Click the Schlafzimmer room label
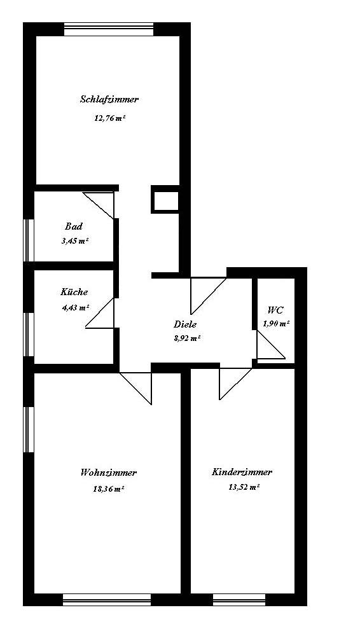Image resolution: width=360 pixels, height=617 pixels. pyautogui.click(x=109, y=99)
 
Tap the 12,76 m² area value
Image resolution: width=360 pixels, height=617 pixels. pyautogui.click(x=110, y=118)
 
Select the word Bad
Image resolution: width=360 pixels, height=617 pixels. pyautogui.click(x=74, y=226)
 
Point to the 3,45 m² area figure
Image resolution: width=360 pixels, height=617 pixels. pyautogui.click(x=74, y=241)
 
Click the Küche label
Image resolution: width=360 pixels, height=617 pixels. pyautogui.click(x=74, y=292)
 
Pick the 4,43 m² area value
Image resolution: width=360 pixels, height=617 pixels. pyautogui.click(x=75, y=308)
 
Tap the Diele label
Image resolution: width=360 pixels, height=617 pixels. pyautogui.click(x=185, y=324)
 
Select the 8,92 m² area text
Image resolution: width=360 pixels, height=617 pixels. pyautogui.click(x=187, y=338)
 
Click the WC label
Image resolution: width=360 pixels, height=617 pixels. pyautogui.click(x=275, y=310)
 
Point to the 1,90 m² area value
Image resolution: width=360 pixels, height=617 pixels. pyautogui.click(x=276, y=324)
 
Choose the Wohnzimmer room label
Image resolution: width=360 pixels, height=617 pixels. pyautogui.click(x=109, y=473)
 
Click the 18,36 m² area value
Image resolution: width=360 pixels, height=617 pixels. pyautogui.click(x=109, y=489)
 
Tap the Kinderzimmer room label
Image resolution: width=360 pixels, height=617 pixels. pyautogui.click(x=242, y=472)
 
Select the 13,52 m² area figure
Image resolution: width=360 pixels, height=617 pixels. pyautogui.click(x=244, y=487)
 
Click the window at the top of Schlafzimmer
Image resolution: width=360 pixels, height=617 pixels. pyautogui.click(x=109, y=29)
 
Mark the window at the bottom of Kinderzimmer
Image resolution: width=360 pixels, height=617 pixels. pyautogui.click(x=239, y=599)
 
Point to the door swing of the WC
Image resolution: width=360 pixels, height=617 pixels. pyautogui.click(x=271, y=345)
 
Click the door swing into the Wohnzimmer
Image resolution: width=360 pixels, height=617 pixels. pyautogui.click(x=135, y=388)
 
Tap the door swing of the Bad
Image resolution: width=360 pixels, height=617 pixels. pyautogui.click(x=99, y=205)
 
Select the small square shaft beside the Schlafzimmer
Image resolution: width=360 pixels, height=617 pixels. pyautogui.click(x=165, y=199)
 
